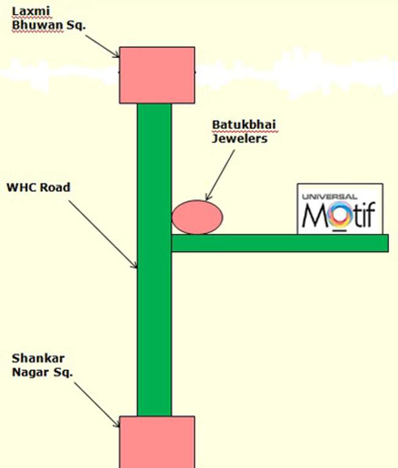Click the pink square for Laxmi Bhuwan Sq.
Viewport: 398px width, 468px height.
157,75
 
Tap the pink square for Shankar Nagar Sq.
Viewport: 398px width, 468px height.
157,441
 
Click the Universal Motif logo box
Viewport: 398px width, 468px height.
340,209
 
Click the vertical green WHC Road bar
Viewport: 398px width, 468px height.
154,305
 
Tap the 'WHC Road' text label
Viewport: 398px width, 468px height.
38,188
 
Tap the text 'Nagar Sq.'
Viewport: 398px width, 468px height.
42,372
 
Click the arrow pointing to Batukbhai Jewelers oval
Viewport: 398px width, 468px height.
221,173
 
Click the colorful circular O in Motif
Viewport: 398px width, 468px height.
339,216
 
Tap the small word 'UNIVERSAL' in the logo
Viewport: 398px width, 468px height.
330,196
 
